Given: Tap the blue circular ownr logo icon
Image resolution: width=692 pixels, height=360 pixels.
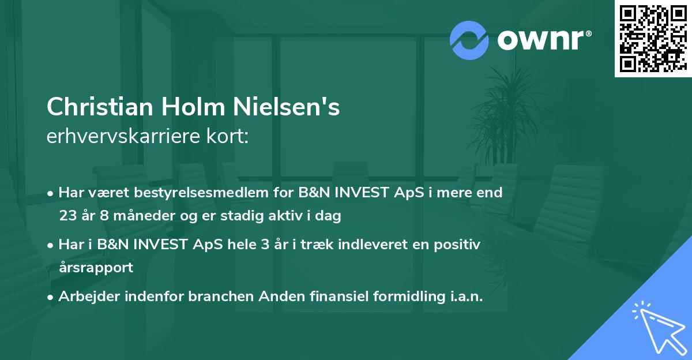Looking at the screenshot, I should [x=469, y=40].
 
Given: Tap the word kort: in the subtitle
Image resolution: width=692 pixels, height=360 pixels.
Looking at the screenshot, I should [x=229, y=137].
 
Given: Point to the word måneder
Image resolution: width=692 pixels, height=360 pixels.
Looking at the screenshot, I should [x=141, y=216].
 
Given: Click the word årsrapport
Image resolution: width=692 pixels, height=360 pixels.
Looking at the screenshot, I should [x=96, y=268].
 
